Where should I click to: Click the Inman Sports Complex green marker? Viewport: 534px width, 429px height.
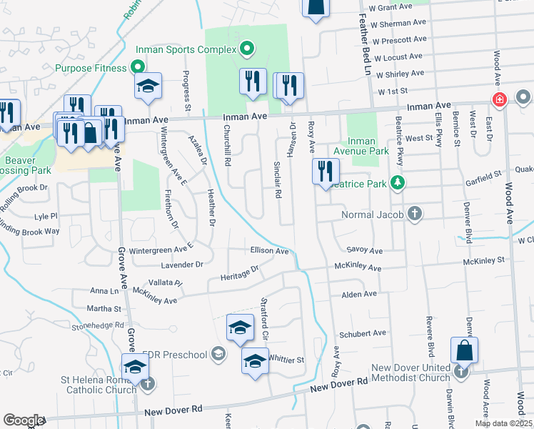point(247,49)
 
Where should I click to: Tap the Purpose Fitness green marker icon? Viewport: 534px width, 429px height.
point(138,68)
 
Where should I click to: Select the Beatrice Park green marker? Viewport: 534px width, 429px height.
point(400,184)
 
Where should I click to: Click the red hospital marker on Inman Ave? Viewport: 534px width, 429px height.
point(499,99)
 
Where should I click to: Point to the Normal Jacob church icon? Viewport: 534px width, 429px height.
point(414,214)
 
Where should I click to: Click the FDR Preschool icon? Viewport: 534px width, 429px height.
point(218,355)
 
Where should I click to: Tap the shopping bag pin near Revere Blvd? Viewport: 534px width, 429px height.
point(464,350)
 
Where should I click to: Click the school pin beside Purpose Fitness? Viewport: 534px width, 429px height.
point(148,86)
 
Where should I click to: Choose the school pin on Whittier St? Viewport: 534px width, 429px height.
point(254,361)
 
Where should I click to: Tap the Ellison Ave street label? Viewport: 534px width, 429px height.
point(269,251)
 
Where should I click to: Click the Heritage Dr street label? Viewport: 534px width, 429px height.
point(239,274)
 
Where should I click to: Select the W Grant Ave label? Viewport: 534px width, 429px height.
point(391,6)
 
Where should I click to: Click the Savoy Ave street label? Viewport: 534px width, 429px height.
point(365,251)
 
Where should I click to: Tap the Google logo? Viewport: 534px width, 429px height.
point(23,420)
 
